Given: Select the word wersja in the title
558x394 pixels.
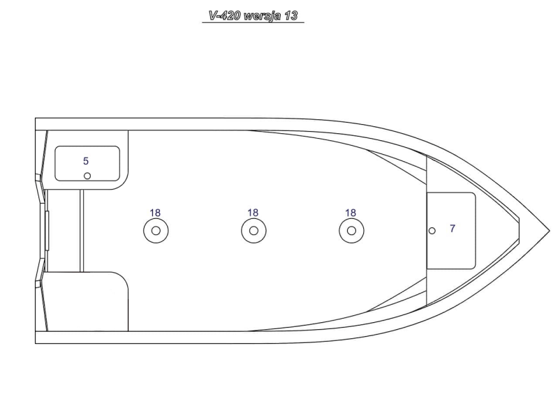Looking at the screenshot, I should click(x=261, y=15).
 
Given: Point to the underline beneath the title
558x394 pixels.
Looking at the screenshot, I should click(x=253, y=23).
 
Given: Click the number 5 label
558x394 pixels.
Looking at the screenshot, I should click(x=86, y=161).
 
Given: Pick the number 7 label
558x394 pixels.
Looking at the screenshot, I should click(x=453, y=228).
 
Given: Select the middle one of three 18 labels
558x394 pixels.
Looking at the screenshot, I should click(x=253, y=213).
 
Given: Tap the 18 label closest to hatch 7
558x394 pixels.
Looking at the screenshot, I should click(x=351, y=213).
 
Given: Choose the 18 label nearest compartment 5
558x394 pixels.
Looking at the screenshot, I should click(x=155, y=213).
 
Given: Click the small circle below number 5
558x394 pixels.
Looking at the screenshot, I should click(x=87, y=176).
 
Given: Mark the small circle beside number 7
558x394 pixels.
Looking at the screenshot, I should click(x=432, y=230).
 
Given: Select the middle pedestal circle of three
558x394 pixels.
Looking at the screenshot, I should click(x=254, y=230).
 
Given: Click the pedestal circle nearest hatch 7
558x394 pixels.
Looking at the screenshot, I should click(x=351, y=230).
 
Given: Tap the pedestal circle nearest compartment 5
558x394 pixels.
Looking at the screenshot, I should click(x=156, y=230).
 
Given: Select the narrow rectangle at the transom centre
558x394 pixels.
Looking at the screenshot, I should click(x=47, y=230).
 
